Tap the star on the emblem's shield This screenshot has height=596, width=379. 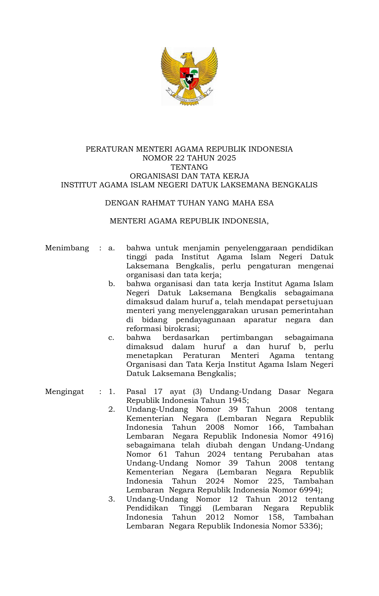pyautogui.click(x=189, y=79)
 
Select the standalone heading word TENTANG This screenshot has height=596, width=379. pyautogui.click(x=189, y=167)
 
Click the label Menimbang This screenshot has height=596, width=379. pyautogui.click(x=67, y=248)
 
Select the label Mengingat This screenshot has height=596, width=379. pyautogui.click(x=64, y=392)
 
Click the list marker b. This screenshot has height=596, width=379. pyautogui.click(x=111, y=284)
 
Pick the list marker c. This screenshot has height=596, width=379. pyautogui.click(x=111, y=338)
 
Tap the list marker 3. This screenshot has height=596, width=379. pyautogui.click(x=111, y=499)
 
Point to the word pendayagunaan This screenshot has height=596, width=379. pyautogui.click(x=206, y=320)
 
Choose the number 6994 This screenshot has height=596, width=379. pyautogui.click(x=309, y=490)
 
